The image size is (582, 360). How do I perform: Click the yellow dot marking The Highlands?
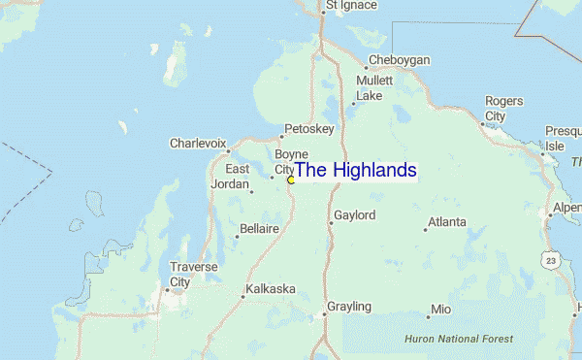pos(291,180)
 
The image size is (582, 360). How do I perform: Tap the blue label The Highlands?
pos(355,170)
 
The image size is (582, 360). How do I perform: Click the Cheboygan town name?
pos(399,60)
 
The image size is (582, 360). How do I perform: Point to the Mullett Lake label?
pos(373,88)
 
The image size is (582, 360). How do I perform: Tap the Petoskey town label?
pos(308,128)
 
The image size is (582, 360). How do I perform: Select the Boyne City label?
pos(290,161)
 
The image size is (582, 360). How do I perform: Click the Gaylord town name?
pos(354,215)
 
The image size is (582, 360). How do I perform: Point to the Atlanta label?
pos(447,222)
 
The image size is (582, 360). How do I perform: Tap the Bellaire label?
pos(258,229)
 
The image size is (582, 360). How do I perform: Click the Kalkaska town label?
pos(270,289)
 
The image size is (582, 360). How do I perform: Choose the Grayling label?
pos(348,307)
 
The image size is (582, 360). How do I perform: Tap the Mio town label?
pos(441,310)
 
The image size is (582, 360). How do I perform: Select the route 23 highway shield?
pos(550,260)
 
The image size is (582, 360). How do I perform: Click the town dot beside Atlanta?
pos(426,229)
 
